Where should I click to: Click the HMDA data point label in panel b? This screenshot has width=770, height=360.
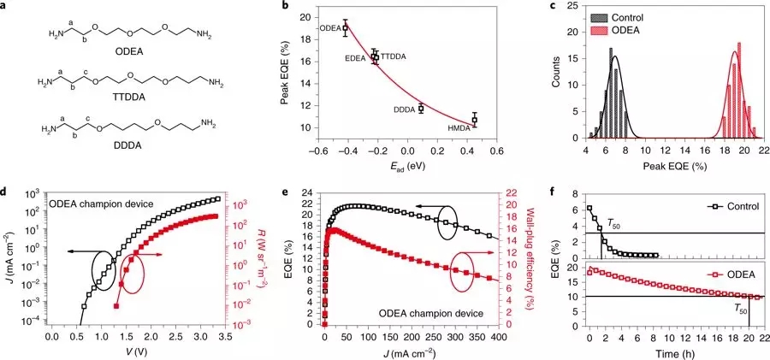pyautogui.click(x=459, y=128)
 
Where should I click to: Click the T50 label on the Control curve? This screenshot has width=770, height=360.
pyautogui.click(x=615, y=223)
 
